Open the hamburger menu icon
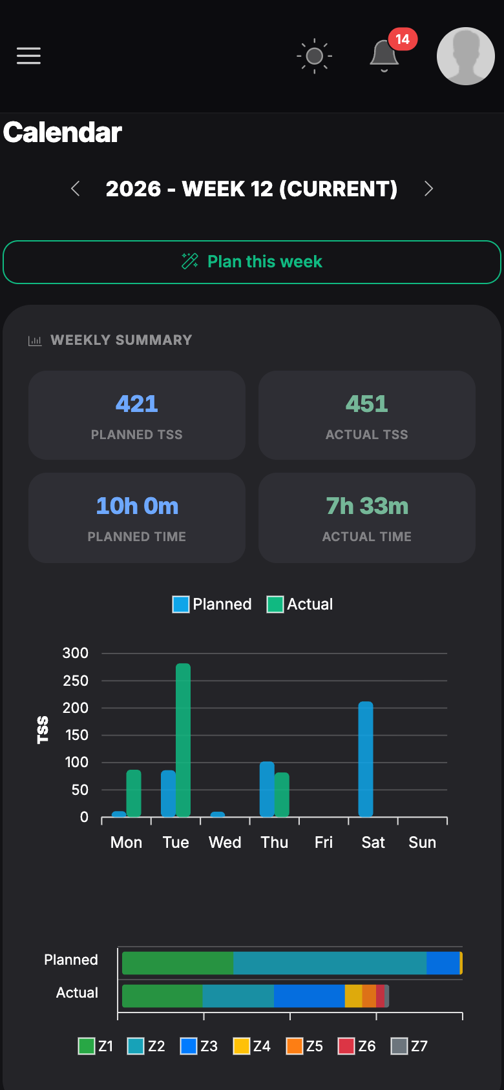coord(28,56)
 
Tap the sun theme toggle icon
coord(315,56)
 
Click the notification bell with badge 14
coord(384,55)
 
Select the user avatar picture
coord(465,56)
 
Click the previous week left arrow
coord(76,189)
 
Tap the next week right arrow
coord(428,189)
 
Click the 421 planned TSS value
coord(136,404)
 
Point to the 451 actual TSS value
coord(366,404)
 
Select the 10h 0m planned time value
coord(137,506)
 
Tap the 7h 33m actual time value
coord(366,506)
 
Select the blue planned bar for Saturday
coord(366,759)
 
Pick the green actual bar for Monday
coord(134,793)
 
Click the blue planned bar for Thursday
coord(267,789)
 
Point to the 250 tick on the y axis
coord(76,681)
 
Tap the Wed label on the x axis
coord(225,842)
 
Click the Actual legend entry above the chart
coord(300,604)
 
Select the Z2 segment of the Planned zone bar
coord(330,963)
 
